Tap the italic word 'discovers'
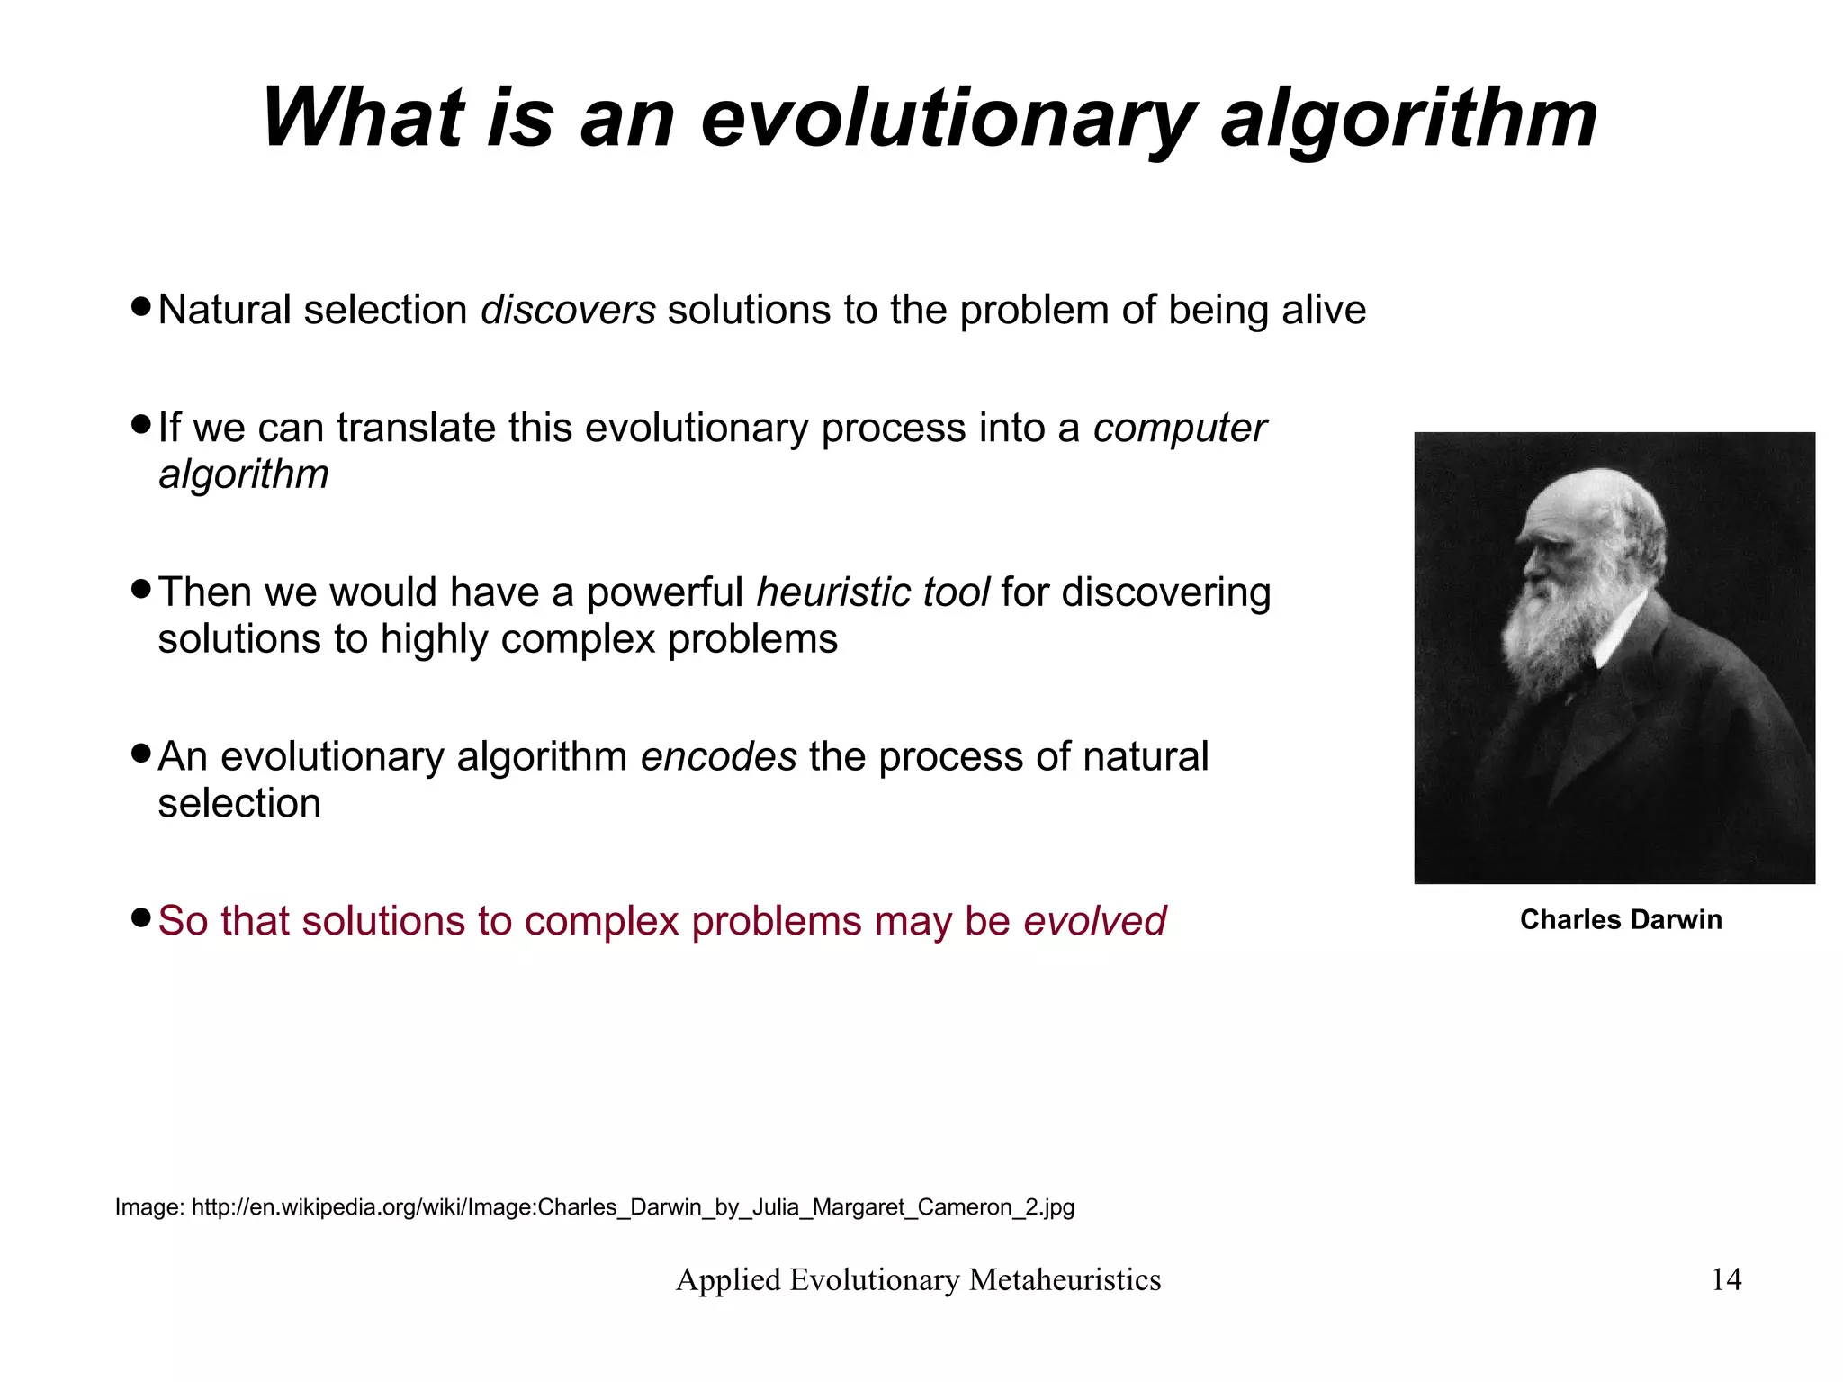coord(568,311)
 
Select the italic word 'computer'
coord(1179,429)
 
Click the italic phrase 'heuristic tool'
coord(872,593)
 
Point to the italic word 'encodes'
coord(718,757)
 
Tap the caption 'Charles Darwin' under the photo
coord(1620,919)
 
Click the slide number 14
coord(1725,1279)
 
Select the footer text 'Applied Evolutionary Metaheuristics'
coord(918,1279)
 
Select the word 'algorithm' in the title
coord(1408,119)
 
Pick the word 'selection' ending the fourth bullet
coord(239,804)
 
